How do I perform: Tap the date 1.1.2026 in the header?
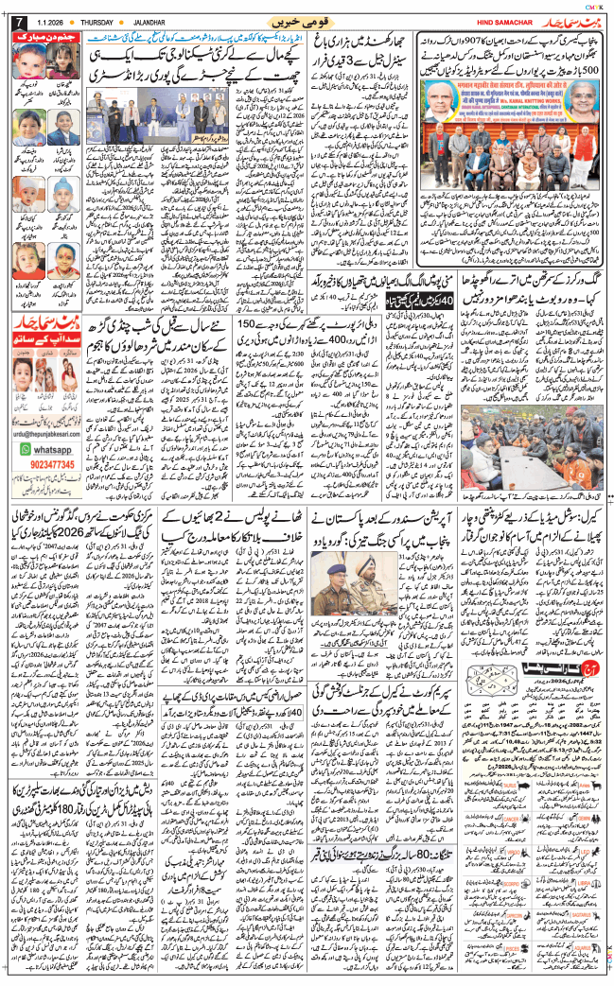click(51, 21)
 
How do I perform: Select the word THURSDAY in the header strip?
click(102, 21)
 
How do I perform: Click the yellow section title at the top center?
click(301, 20)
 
